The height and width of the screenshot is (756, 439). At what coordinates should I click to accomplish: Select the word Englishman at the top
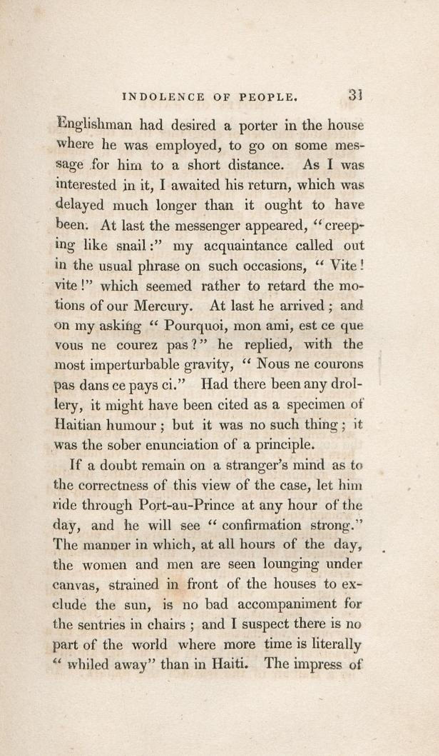tap(95, 126)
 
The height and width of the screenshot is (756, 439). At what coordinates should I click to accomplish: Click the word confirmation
tap(262, 526)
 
